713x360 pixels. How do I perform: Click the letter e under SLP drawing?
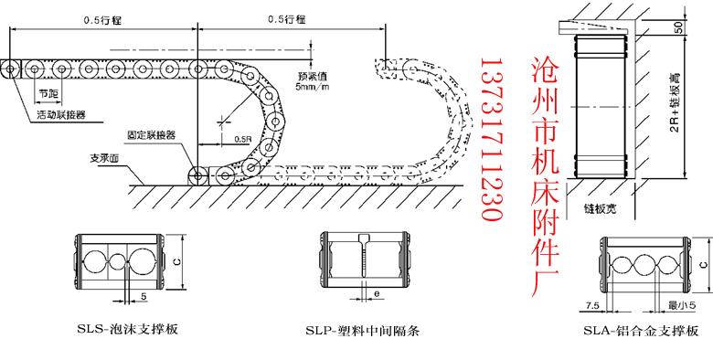coord(378,294)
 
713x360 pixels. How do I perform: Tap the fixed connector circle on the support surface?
coord(197,175)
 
